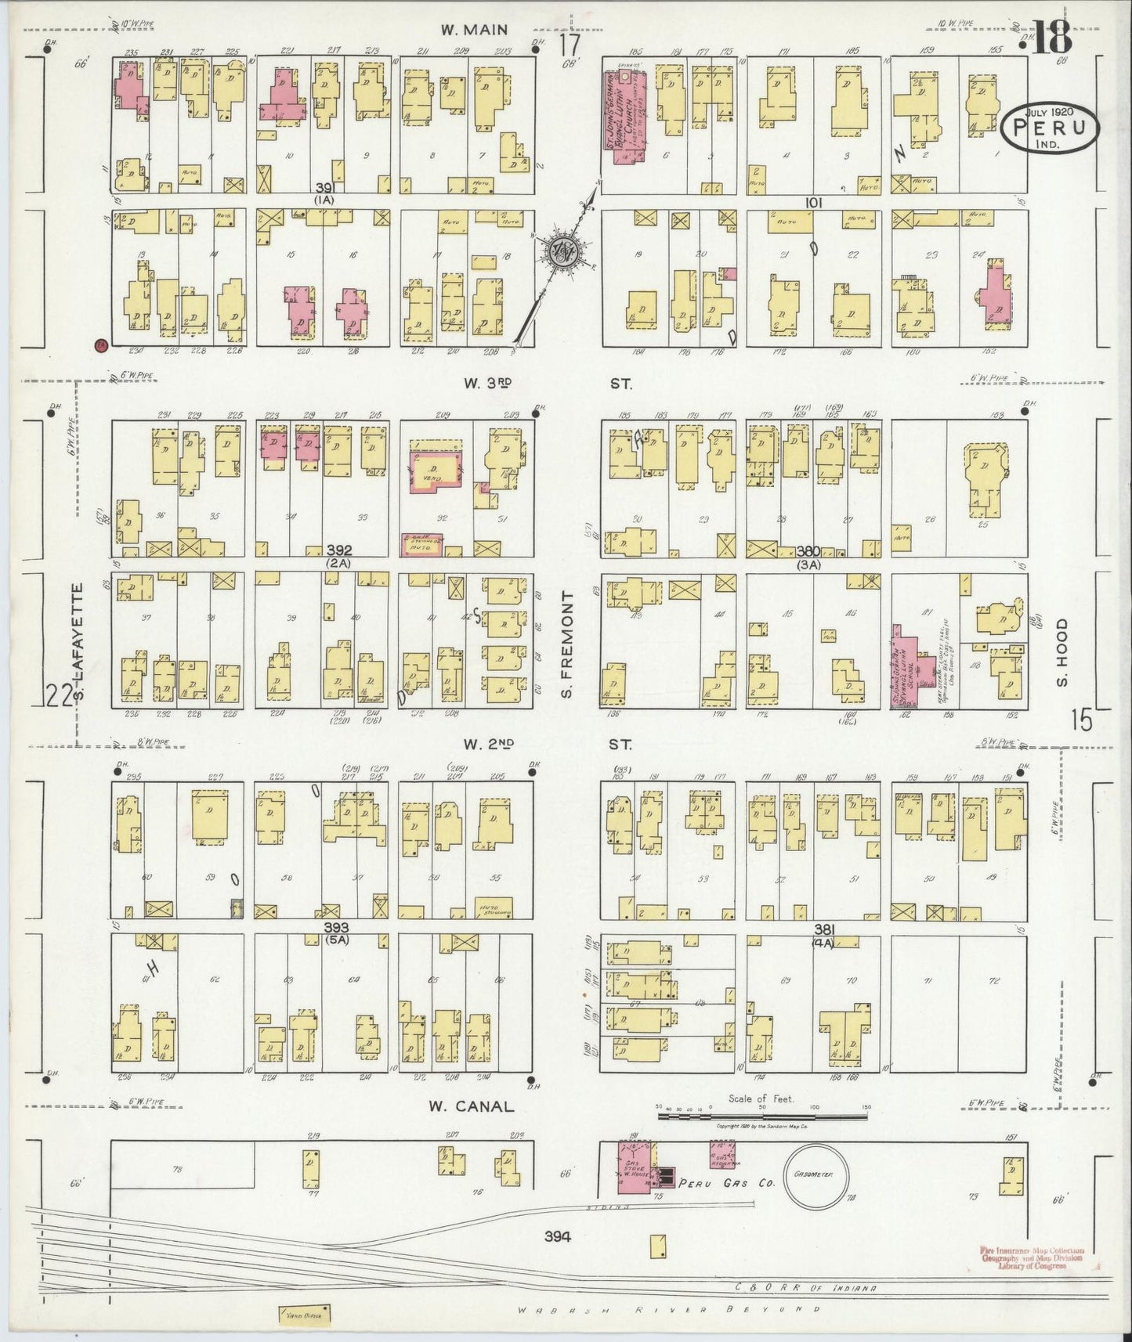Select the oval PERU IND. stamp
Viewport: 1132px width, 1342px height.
[1052, 128]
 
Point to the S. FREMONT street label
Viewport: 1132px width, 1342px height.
[568, 646]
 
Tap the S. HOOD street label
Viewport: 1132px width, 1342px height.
[1061, 651]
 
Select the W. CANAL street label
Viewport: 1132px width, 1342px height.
[470, 1106]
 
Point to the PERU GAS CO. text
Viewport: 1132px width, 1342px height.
[726, 1183]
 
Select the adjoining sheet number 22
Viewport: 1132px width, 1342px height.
[59, 694]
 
